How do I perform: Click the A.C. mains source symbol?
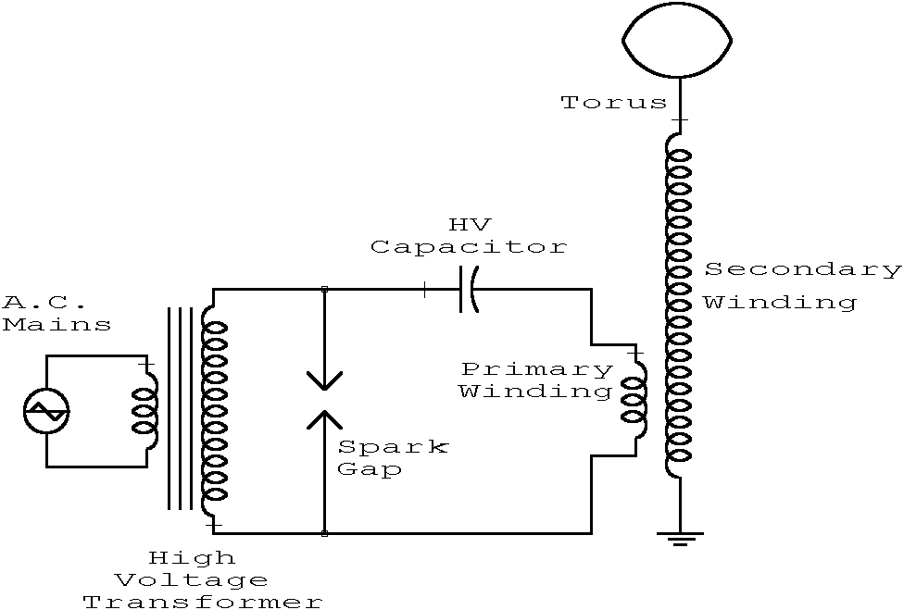(46, 410)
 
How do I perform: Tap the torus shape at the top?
(677, 41)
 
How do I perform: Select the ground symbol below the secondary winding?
(681, 538)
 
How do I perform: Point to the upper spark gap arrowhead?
(323, 380)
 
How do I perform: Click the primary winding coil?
(635, 402)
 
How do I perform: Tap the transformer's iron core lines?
(180, 408)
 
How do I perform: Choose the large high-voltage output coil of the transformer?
(214, 409)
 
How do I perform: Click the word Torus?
(614, 103)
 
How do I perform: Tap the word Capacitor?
(468, 247)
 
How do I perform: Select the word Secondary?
(802, 269)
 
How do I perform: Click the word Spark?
(393, 447)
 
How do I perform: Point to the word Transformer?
(203, 602)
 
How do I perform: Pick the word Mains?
(56, 324)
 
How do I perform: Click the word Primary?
(536, 369)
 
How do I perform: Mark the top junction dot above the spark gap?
(323, 290)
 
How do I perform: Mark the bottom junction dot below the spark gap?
(323, 533)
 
